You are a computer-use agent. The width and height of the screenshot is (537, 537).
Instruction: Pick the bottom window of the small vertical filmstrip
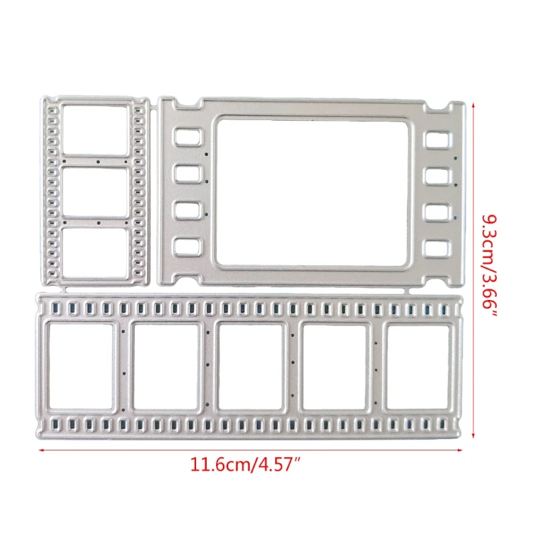tap(98, 254)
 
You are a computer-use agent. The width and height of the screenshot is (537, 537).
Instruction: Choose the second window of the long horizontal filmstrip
tap(166, 367)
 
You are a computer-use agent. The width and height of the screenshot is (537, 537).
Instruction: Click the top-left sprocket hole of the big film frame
tap(185, 138)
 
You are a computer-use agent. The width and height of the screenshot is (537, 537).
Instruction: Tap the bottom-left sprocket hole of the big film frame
tap(185, 248)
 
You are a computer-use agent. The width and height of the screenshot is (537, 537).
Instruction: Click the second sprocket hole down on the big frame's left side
tap(185, 174)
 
